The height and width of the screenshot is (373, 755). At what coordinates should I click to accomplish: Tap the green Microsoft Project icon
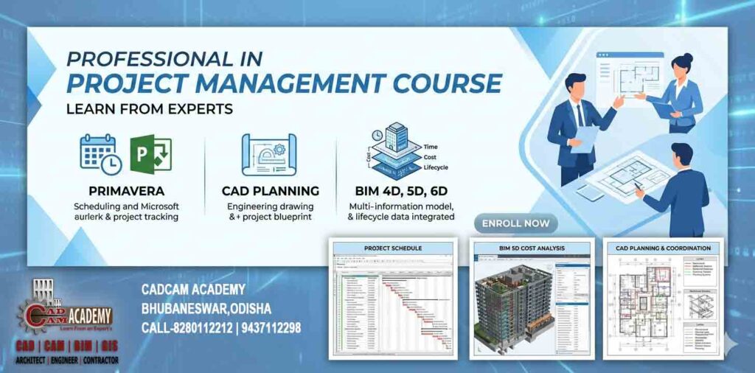(x=150, y=153)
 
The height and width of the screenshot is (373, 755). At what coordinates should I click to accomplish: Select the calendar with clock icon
(x=100, y=153)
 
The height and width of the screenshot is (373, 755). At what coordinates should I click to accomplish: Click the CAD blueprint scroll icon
(x=269, y=154)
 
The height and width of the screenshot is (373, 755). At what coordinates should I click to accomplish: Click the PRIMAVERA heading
(x=125, y=191)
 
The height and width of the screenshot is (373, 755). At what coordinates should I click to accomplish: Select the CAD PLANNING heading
(x=270, y=191)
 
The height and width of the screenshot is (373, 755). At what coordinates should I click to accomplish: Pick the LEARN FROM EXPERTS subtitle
(x=150, y=109)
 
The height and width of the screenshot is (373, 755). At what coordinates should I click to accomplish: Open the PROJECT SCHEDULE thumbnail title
(x=392, y=248)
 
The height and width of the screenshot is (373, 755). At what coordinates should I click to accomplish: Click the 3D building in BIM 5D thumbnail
(x=509, y=302)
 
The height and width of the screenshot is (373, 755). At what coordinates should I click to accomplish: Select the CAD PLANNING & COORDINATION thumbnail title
(x=663, y=248)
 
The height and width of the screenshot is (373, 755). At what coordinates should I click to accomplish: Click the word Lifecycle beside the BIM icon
(x=436, y=167)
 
